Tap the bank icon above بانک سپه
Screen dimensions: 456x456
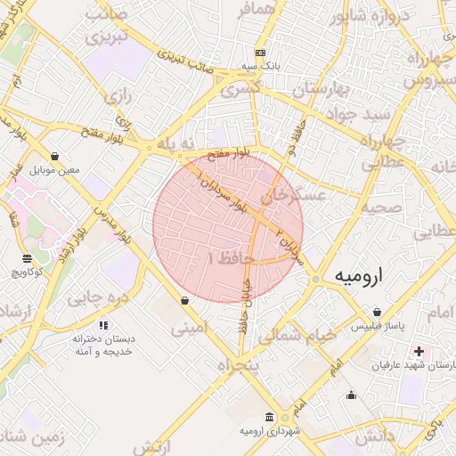coord(260,53)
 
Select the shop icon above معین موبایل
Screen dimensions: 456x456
coord(54,156)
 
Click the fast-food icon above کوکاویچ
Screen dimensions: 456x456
coord(27,258)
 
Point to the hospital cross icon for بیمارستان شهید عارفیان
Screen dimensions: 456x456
coord(419,352)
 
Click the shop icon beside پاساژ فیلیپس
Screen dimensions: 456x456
coord(379,313)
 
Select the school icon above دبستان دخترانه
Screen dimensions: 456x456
coord(103,326)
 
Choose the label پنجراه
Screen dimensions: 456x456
coord(236,366)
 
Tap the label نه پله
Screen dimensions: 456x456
coord(175,143)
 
